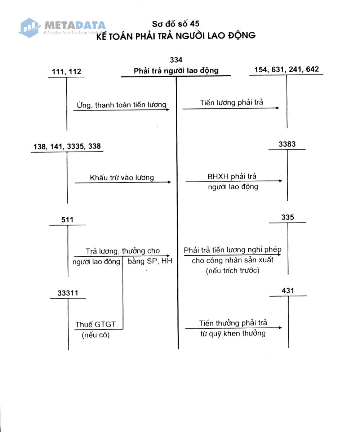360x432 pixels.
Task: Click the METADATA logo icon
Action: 30,28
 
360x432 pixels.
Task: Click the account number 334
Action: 176,60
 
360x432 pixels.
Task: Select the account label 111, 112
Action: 66,72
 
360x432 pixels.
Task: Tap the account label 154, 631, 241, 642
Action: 286,69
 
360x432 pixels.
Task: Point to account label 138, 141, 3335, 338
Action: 67,147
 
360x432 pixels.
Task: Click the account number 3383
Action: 287,144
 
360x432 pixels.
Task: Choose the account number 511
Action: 67,220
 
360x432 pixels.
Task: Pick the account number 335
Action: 288,217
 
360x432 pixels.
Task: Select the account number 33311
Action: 68,293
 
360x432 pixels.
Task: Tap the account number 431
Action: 288,291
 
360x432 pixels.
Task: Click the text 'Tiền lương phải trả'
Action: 231,103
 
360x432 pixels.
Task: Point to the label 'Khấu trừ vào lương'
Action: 122,177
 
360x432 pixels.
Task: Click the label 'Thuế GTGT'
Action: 95,324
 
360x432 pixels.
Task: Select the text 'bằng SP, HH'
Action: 150,261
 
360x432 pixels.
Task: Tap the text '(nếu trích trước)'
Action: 232,271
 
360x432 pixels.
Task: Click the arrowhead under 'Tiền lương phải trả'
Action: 277,108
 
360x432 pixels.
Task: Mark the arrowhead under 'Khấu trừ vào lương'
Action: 169,182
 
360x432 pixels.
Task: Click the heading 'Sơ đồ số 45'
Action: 175,24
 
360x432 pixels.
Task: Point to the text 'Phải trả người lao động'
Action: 176,71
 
